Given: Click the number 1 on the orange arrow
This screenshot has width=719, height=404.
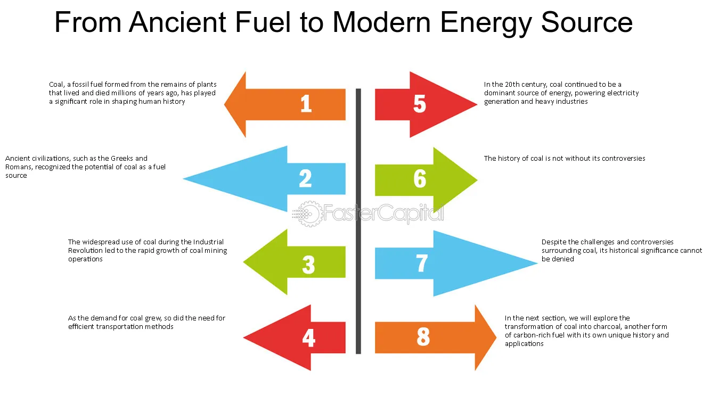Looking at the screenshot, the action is [x=306, y=104].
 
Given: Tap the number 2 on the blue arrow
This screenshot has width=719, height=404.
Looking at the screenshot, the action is [x=305, y=178].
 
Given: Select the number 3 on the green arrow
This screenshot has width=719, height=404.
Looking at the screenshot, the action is [x=308, y=265].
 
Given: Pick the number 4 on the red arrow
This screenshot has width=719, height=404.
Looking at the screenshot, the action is [x=308, y=338].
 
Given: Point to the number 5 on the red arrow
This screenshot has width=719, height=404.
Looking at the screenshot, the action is [x=420, y=104].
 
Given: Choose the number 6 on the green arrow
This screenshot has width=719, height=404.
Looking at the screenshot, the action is [x=420, y=179].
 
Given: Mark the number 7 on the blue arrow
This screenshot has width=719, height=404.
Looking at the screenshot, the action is [x=422, y=263].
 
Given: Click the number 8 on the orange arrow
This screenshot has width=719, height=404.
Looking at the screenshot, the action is [x=423, y=336].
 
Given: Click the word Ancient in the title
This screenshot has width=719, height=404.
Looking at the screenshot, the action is [x=178, y=22].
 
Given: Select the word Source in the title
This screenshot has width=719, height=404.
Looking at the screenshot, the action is [x=587, y=22].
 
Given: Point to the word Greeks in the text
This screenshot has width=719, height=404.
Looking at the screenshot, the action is [x=121, y=158].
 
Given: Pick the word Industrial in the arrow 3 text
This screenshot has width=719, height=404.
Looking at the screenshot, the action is [x=208, y=242].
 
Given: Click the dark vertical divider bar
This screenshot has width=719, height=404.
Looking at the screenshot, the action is [x=358, y=221].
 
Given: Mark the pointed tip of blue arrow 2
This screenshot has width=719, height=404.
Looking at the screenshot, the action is [x=184, y=179].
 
